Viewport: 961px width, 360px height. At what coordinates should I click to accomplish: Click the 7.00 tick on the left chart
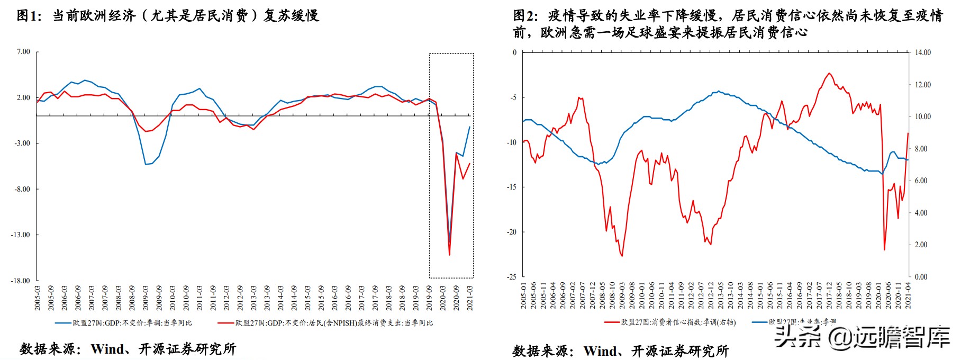[x=23, y=52]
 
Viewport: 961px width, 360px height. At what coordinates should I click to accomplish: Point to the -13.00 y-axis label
[x=21, y=235]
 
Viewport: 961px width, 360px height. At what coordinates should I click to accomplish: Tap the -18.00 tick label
[x=21, y=281]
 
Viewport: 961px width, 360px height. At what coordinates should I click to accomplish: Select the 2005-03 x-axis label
[x=38, y=298]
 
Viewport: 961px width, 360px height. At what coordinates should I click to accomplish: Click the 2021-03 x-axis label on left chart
[x=470, y=298]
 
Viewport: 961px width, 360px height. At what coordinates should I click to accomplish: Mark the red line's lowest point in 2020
[x=449, y=255]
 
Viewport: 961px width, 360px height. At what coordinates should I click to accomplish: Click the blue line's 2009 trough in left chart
[x=146, y=165]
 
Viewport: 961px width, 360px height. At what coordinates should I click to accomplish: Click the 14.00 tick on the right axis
[x=923, y=52]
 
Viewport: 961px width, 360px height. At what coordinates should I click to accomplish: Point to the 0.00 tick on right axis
[x=921, y=277]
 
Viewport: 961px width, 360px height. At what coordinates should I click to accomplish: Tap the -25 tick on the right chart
[x=512, y=277]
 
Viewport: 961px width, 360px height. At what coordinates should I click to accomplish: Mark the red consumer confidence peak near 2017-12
[x=829, y=73]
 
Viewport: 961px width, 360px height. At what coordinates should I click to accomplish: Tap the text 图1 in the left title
[x=28, y=16]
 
